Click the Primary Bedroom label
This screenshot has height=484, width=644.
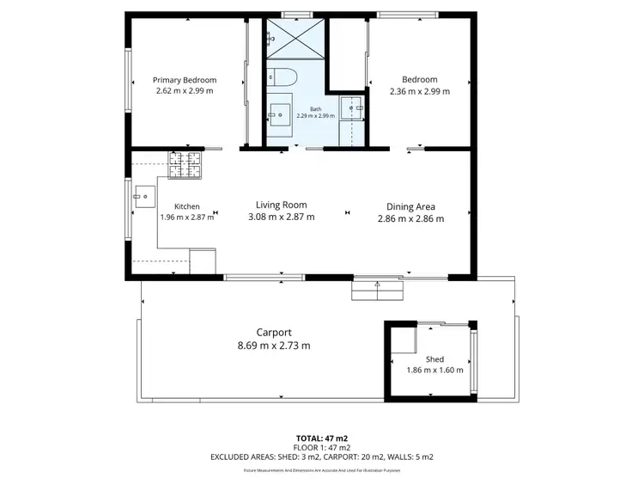point(184,80)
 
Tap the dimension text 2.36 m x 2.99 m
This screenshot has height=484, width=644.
point(418,91)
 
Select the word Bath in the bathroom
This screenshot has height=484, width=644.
point(315,109)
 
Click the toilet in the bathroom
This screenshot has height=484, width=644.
point(281,77)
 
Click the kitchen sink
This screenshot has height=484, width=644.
point(143,196)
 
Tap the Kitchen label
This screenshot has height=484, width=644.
point(187,206)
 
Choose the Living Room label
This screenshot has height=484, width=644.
point(281,205)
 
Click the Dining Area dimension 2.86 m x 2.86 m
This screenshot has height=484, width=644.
point(410,218)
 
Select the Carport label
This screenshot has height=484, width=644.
point(274,333)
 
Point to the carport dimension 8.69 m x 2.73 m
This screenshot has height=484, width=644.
point(274,346)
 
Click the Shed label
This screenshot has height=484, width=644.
point(434,359)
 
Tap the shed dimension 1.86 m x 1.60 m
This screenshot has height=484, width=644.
point(434,371)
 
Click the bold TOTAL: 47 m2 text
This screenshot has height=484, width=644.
point(321,438)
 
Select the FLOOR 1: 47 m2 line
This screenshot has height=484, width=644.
point(321,448)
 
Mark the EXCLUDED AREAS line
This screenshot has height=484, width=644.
point(321,457)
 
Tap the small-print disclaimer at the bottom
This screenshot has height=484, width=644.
point(321,470)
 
